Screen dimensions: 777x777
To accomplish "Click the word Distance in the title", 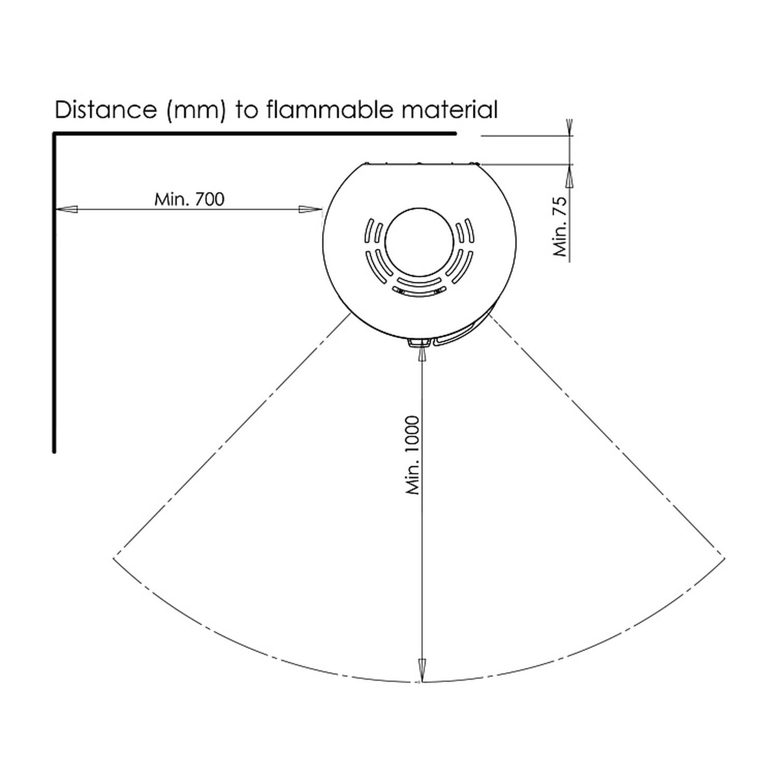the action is coord(106,110).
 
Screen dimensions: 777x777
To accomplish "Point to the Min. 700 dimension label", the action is coord(189,199).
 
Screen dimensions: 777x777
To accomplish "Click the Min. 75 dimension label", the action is coord(560,226).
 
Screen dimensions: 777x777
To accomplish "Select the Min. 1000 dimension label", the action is coord(413,455).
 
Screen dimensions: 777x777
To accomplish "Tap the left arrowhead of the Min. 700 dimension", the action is coord(67,209).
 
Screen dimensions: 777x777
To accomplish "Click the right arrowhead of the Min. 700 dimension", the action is coord(311,209).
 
